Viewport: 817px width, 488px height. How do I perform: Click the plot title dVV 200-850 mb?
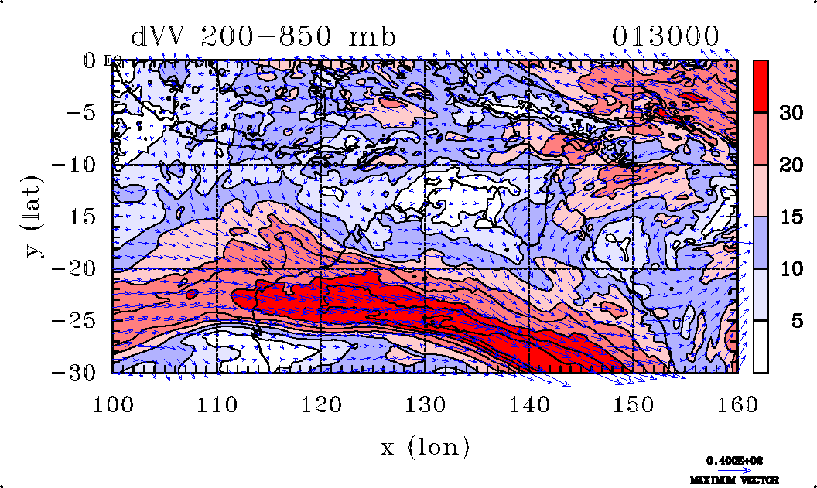263,37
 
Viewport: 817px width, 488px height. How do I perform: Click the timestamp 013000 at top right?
665,37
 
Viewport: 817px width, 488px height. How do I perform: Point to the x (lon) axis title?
425,445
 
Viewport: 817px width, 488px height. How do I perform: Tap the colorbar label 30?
790,113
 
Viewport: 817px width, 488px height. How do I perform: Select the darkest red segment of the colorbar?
761,86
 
